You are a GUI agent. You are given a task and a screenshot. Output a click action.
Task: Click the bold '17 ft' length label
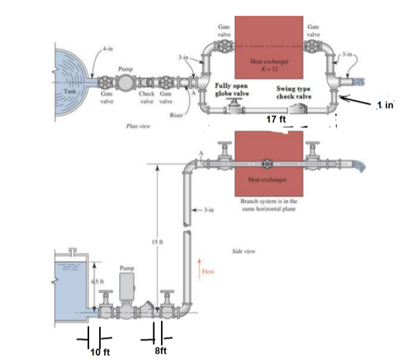click(x=278, y=119)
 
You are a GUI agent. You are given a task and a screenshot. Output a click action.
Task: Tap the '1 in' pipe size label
click(x=386, y=105)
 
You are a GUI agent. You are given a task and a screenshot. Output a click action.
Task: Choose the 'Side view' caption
click(x=241, y=253)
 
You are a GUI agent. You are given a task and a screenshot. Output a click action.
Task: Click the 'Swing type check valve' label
click(x=293, y=91)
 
